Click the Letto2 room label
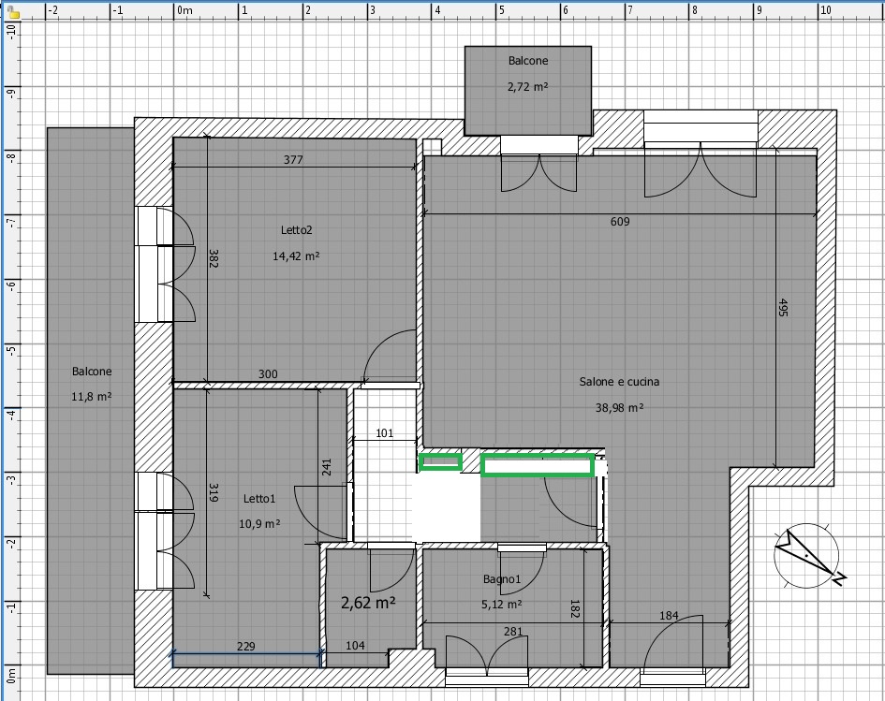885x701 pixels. pyautogui.click(x=296, y=230)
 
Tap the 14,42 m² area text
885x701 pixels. pyautogui.click(x=296, y=256)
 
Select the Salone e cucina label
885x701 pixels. pyautogui.click(x=619, y=382)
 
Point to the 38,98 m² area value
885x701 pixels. pyautogui.click(x=619, y=407)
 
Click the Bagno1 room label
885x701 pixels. pyautogui.click(x=502, y=579)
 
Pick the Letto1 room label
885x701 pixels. pyautogui.click(x=259, y=499)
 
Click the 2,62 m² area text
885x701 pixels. pyautogui.click(x=368, y=603)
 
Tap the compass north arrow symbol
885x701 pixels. pyautogui.click(x=807, y=556)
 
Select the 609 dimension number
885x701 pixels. pyautogui.click(x=620, y=222)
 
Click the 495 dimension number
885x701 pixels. pyautogui.click(x=782, y=307)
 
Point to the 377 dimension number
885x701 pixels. pyautogui.click(x=293, y=160)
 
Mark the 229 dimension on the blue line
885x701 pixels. pyautogui.click(x=246, y=647)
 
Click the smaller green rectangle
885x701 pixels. pyautogui.click(x=440, y=462)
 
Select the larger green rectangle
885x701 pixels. pyautogui.click(x=538, y=466)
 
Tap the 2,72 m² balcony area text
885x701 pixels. pyautogui.click(x=528, y=86)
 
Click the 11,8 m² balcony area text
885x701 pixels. pyautogui.click(x=92, y=397)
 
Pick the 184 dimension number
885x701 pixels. pyautogui.click(x=669, y=615)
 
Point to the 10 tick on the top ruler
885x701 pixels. pyautogui.click(x=825, y=10)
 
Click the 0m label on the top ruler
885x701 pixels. pyautogui.click(x=184, y=10)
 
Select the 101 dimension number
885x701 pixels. pyautogui.click(x=384, y=433)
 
